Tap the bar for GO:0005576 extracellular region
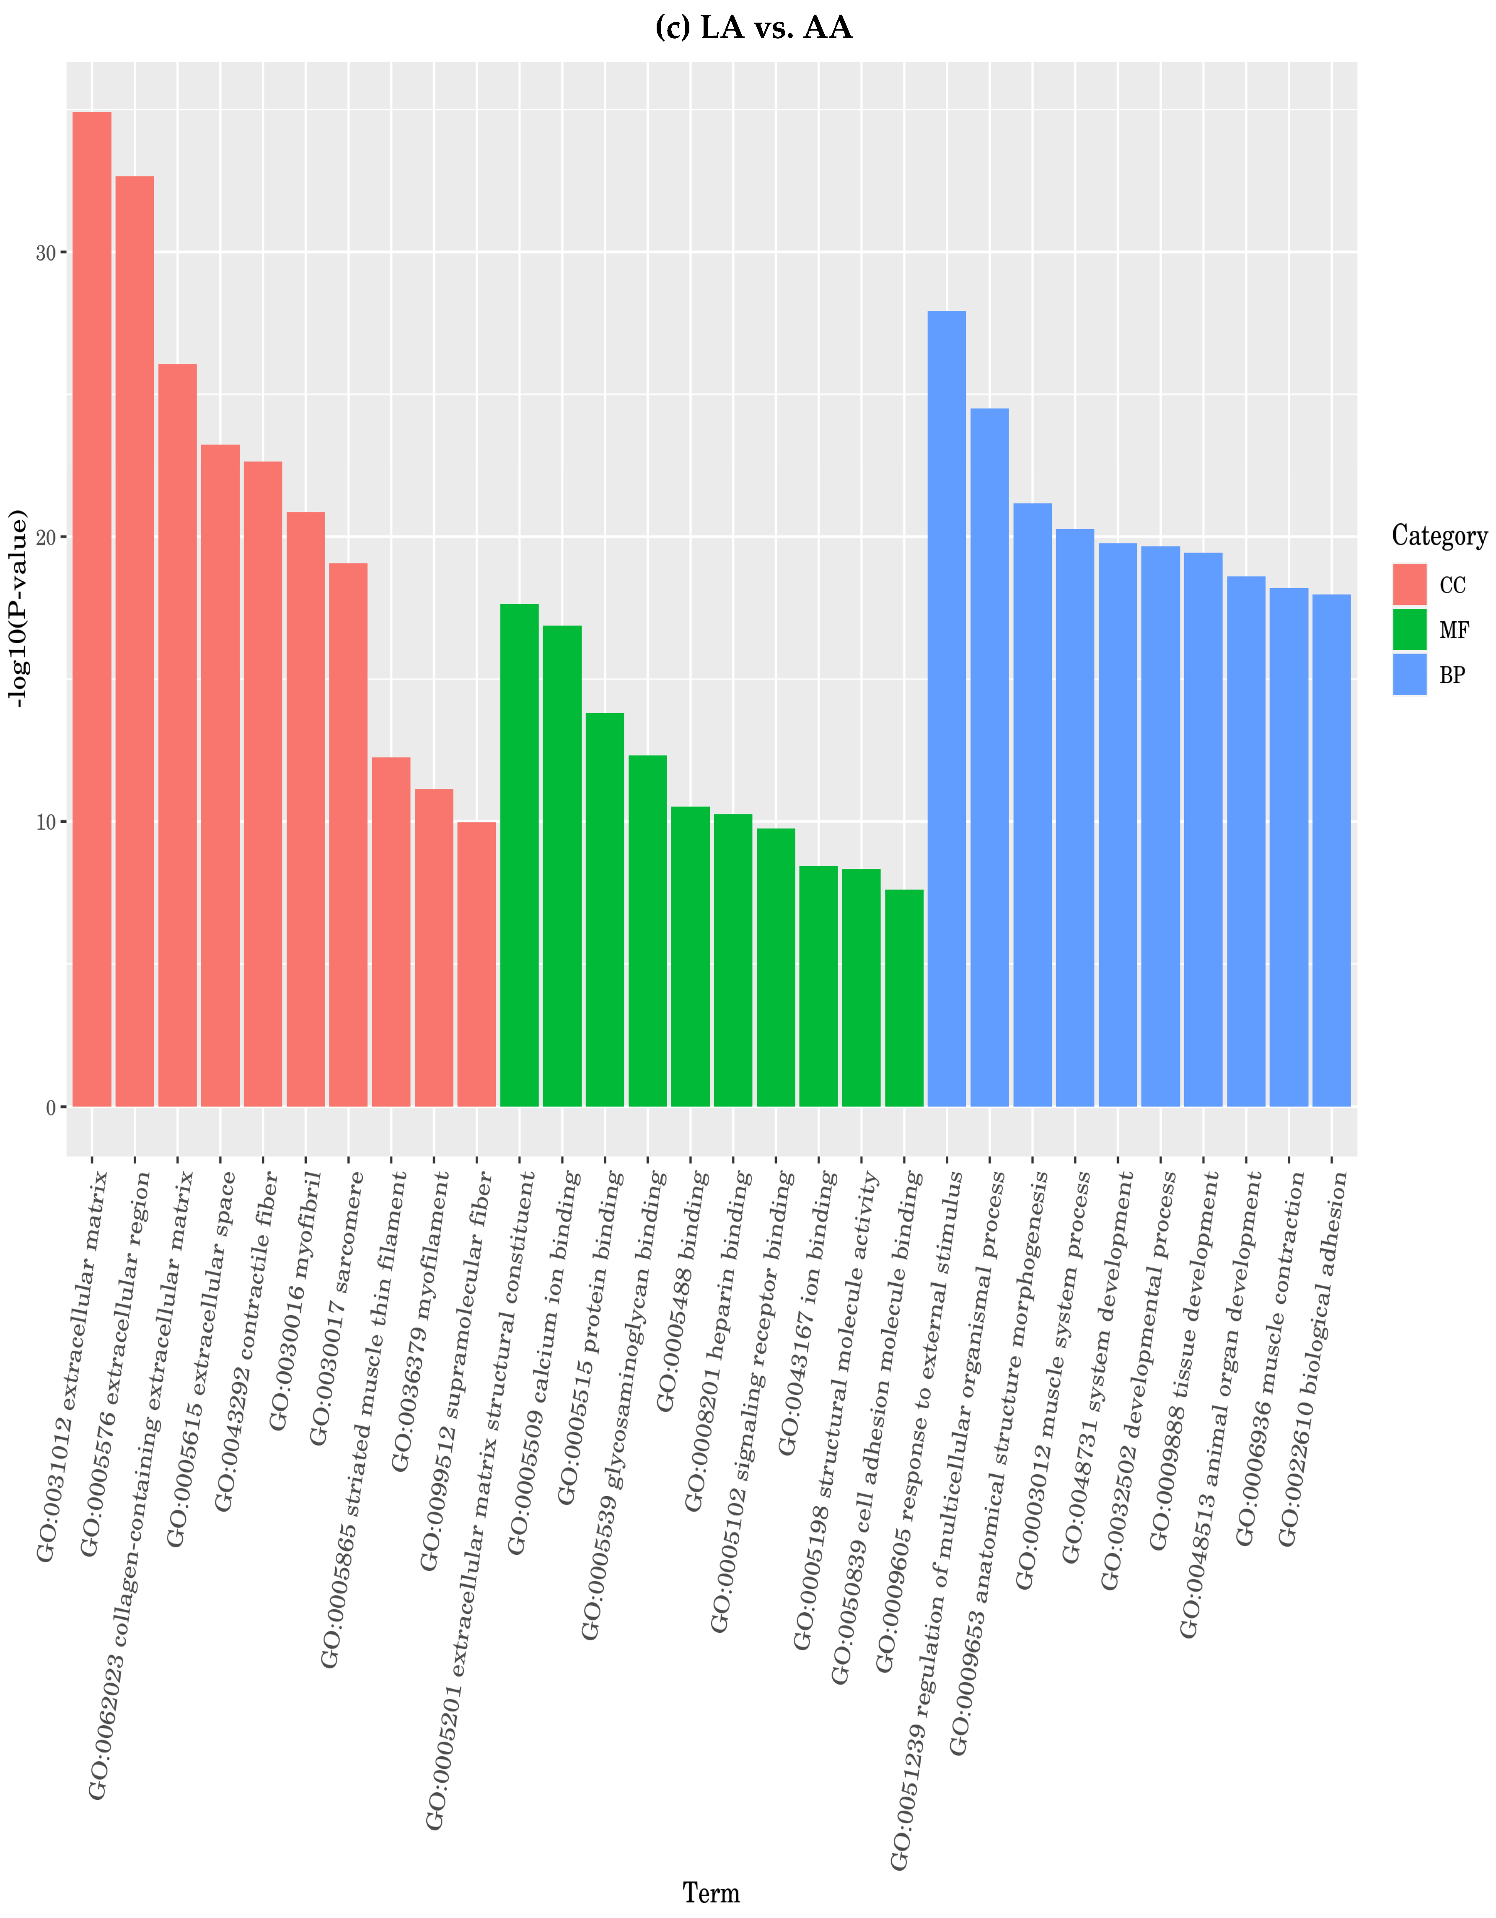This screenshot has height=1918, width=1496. (135, 641)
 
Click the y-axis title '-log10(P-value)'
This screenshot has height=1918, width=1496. (18, 606)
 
